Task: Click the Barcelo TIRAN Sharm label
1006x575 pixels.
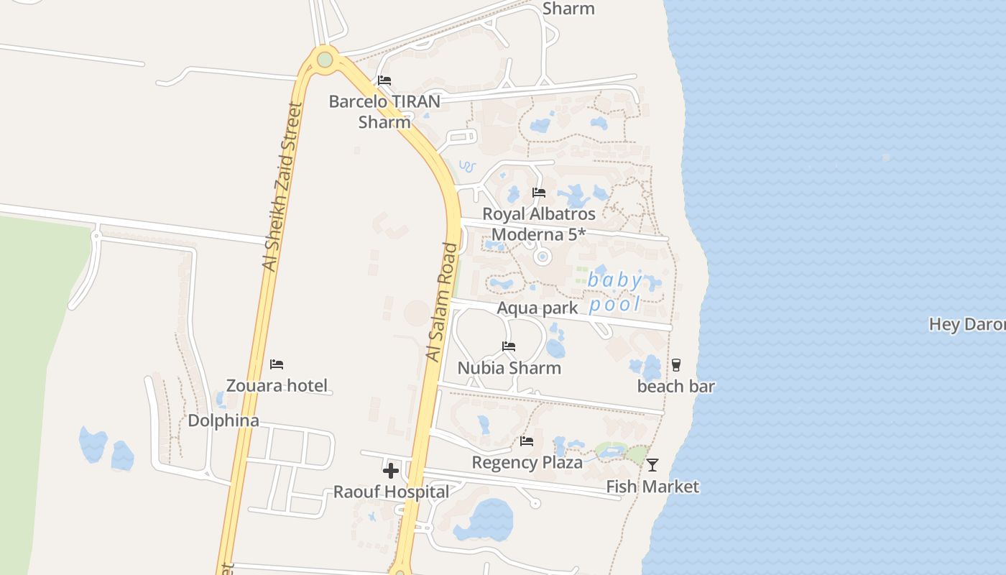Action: click(x=384, y=111)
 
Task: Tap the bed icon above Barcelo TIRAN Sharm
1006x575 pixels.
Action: click(x=384, y=80)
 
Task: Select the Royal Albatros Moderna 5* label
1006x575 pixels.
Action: click(x=539, y=224)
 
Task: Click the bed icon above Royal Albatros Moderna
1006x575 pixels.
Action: click(x=539, y=192)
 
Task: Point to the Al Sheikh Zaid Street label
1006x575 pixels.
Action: click(x=280, y=187)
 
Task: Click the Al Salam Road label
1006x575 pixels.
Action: click(x=441, y=302)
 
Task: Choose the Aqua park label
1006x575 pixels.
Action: click(x=537, y=308)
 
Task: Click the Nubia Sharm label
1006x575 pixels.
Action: click(x=509, y=368)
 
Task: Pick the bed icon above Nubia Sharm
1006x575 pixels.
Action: click(x=509, y=346)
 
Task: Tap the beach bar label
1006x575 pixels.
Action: click(x=676, y=387)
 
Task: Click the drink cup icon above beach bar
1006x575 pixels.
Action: click(x=676, y=364)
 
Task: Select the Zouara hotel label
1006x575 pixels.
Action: click(x=277, y=386)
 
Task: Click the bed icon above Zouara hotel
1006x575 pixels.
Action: click(x=277, y=364)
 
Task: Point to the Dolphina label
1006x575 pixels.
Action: click(x=223, y=420)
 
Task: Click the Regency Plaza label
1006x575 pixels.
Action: click(x=527, y=462)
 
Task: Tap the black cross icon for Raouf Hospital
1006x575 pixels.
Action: click(x=391, y=471)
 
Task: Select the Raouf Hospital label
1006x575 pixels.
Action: click(x=391, y=492)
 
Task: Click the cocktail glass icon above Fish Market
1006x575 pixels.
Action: click(x=652, y=464)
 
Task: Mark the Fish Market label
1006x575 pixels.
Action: click(x=652, y=487)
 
